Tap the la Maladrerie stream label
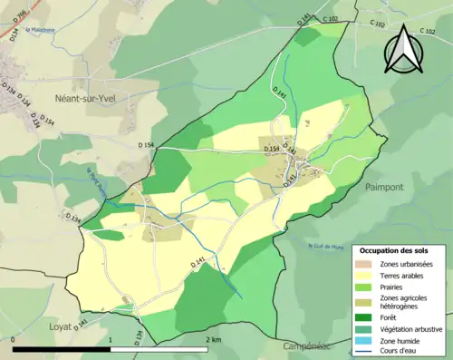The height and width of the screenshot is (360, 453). [x=39, y=29]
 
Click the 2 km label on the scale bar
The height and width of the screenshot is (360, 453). [x=214, y=339]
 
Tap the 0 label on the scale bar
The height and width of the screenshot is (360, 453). [x=14, y=339]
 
